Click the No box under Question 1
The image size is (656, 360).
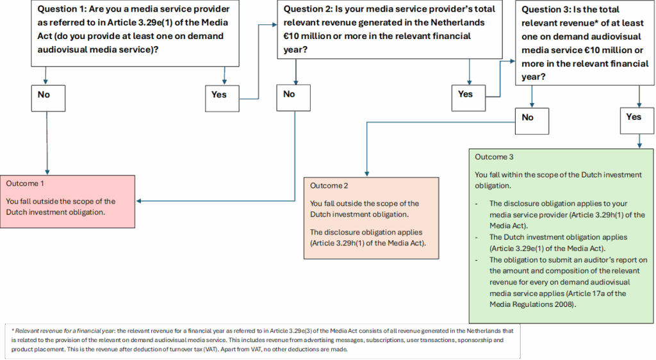click(48, 98)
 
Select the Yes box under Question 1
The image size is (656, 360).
click(222, 99)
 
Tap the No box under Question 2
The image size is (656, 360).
click(293, 98)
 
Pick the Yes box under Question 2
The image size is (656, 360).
click(468, 98)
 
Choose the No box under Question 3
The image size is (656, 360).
click(532, 121)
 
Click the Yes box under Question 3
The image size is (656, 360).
click(637, 121)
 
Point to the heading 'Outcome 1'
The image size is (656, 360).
click(25, 184)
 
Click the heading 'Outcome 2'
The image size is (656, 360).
click(329, 186)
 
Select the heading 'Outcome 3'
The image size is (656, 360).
click(494, 157)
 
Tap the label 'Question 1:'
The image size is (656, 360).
click(62, 9)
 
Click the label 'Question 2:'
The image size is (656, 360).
click(308, 9)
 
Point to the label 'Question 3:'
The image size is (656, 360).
click(546, 9)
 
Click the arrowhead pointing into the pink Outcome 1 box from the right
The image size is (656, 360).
click(139, 201)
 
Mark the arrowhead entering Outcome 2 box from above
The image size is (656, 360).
click(367, 174)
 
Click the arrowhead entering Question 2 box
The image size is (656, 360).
click(274, 25)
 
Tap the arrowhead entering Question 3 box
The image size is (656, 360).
click(512, 61)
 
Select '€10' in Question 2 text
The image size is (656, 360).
click(291, 36)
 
